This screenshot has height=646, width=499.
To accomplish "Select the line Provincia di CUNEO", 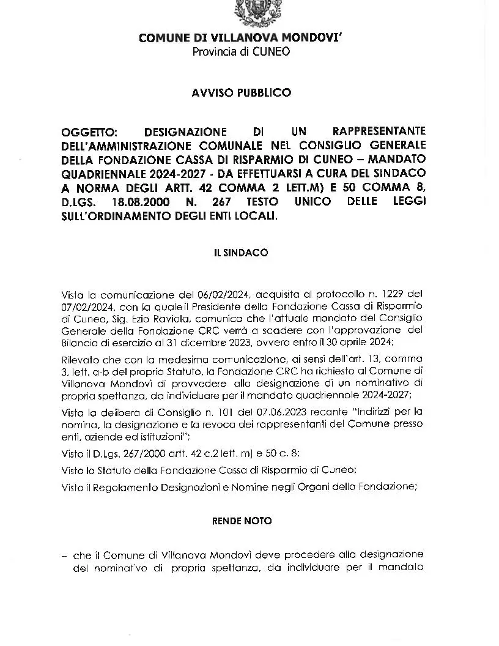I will tap(242, 52).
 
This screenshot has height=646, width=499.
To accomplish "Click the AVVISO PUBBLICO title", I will tap(242, 93).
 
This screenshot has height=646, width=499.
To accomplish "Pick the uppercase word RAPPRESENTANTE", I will tap(379, 132).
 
